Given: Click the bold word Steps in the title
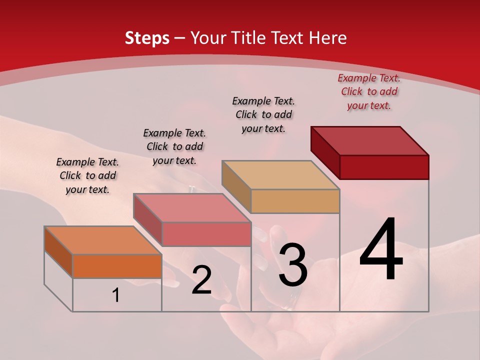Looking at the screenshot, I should pos(147,38).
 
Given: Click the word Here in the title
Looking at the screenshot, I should pos(328,38).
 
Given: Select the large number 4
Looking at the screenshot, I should pos(381,250).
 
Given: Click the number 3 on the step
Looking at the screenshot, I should pos(292,265).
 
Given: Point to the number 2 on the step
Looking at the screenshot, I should pos(201,280).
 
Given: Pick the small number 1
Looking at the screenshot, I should pos(116,295).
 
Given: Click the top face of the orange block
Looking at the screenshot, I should pos(103,240).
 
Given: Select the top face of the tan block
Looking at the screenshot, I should pos(281,175).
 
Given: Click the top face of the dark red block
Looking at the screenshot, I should pos(370,141).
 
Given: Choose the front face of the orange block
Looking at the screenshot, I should pos(117,266).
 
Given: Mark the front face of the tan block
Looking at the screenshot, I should pos(295,201).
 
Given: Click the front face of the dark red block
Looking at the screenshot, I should pos(384,167).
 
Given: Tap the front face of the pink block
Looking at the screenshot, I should pos(206,234).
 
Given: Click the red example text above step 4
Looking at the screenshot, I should pos(369,91).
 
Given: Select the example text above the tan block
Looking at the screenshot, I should pos(263,114).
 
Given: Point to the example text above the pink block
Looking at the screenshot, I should pos(174,146).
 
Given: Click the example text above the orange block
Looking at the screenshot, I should pos(87,175).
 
